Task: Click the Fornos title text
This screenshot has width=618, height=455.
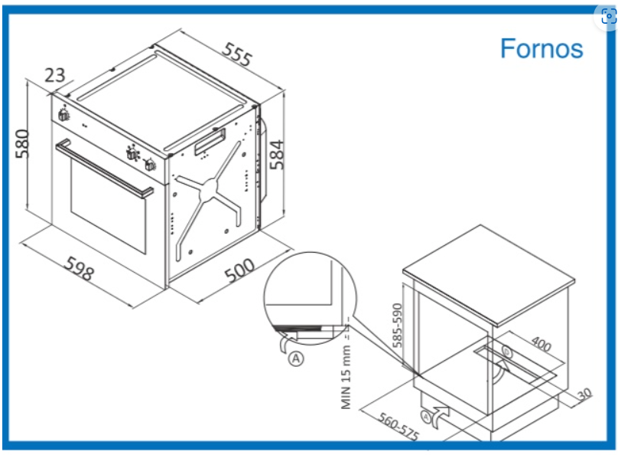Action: (542, 48)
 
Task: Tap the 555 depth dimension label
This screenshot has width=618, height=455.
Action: (237, 55)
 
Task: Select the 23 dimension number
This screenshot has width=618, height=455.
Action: (54, 75)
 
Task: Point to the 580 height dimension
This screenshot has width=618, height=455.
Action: (22, 144)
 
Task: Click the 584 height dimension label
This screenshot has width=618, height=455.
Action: (277, 154)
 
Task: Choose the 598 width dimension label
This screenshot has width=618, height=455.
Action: (80, 268)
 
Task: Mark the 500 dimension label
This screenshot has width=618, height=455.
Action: (239, 270)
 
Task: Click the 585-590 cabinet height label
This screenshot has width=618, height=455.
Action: (397, 326)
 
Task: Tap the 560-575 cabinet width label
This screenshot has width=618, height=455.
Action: (398, 426)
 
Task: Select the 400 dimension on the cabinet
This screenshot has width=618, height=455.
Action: (541, 344)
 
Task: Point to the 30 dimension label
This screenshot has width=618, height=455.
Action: (585, 394)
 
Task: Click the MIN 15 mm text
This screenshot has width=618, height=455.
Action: (346, 378)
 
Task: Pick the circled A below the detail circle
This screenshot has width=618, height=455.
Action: (295, 358)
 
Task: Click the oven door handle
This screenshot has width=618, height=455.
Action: (104, 167)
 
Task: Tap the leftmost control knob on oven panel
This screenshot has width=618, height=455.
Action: (63, 114)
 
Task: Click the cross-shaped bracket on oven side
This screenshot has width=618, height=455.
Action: (209, 189)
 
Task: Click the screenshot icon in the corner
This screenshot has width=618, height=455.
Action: (608, 17)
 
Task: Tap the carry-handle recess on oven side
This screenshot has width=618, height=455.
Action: (210, 141)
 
